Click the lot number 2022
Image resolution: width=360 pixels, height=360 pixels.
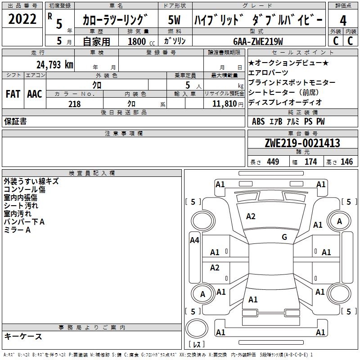point(22,19)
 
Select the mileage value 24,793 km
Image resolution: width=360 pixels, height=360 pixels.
point(55,65)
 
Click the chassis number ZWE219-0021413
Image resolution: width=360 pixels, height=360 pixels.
point(302,143)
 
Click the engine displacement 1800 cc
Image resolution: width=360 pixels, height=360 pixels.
point(141,41)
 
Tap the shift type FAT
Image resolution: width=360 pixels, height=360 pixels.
point(13,94)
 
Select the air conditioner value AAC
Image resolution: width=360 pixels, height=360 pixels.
point(34,94)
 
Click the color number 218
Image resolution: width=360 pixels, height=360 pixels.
point(75,104)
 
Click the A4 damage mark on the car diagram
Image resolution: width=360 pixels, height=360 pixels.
point(194,240)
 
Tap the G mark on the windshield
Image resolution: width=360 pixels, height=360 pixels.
point(284,237)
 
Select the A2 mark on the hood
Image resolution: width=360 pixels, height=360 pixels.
point(251,216)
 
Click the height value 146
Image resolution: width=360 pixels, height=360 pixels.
point(346,162)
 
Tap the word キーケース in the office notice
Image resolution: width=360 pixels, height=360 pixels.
point(23,336)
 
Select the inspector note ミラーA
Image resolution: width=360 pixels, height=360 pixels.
point(17,230)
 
